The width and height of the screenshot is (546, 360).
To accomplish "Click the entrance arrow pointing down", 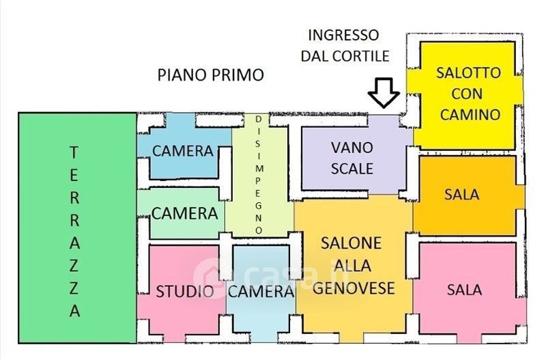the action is click(384, 92).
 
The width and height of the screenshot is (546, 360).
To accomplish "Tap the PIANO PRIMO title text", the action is click(211, 75).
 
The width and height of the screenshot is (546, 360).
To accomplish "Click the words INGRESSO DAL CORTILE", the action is click(345, 46).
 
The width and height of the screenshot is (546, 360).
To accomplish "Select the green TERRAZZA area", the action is click(77, 227).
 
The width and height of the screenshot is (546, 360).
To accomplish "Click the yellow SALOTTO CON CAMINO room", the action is click(468, 95).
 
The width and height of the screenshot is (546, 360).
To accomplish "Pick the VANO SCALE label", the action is click(352, 158).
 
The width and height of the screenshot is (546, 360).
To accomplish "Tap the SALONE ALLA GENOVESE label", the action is click(353, 266).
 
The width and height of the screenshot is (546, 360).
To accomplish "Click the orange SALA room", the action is click(468, 195).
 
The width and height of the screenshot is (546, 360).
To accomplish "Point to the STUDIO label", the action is click(184, 291).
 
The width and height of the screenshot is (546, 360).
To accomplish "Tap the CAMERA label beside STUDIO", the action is click(261, 291).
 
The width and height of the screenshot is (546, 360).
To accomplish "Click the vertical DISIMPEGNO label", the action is click(259, 175).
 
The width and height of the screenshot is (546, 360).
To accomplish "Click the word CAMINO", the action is click(470, 114).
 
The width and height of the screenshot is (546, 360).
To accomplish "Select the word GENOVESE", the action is click(353, 288).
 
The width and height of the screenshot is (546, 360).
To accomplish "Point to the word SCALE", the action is click(352, 169).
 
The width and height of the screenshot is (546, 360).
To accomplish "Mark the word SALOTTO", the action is click(468, 73).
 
